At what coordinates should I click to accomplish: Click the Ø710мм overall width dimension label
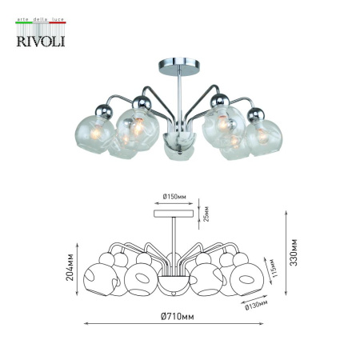[x=177, y=317]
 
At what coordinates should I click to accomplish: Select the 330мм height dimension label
[x=294, y=252]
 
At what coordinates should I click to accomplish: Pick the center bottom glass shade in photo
[x=176, y=150]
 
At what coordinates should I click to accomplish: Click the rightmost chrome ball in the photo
[x=255, y=114]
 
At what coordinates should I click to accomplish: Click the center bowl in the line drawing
[x=173, y=286]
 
